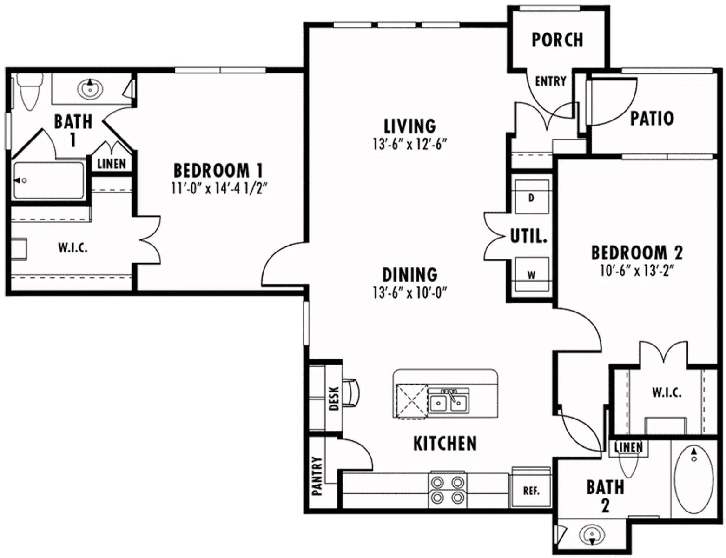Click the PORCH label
point(557,40)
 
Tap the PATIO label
point(652,119)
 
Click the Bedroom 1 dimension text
point(218,189)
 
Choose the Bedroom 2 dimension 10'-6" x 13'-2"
point(637,271)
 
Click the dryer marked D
point(531,197)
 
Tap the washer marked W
point(531,274)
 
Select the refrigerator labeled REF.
point(531,491)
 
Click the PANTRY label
point(317,475)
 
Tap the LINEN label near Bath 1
point(112,164)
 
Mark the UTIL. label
point(528,236)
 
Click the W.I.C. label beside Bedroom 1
point(73,248)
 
